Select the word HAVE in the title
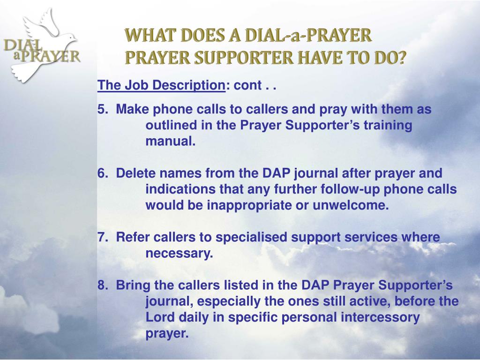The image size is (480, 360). (x=337, y=58)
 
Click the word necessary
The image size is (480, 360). (x=179, y=254)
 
